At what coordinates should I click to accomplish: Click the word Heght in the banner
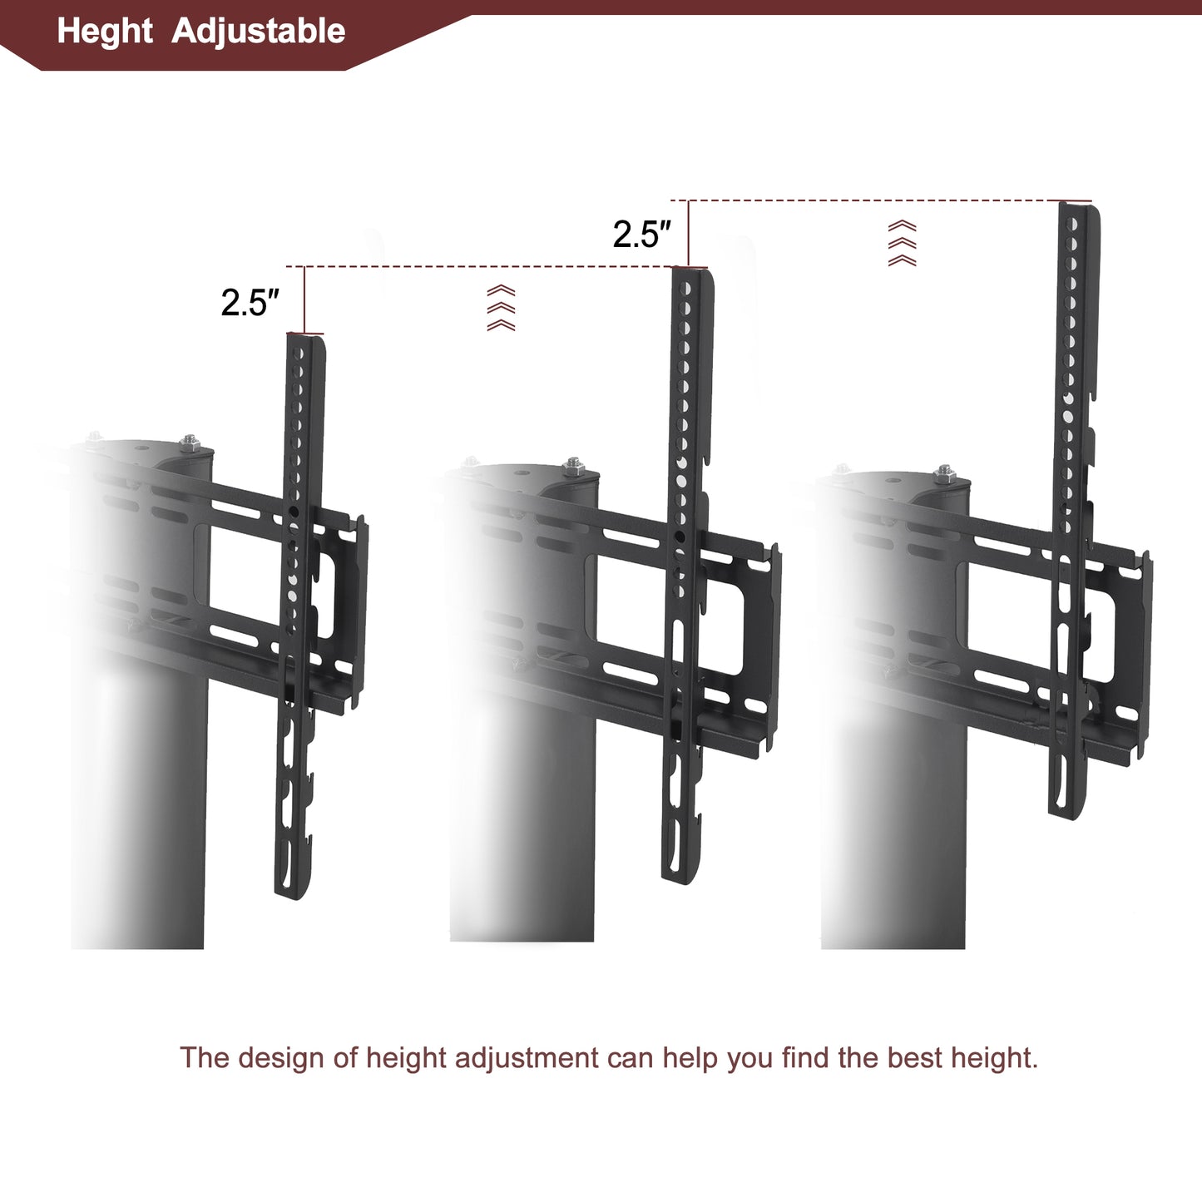click(105, 32)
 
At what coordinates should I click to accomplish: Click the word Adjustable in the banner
click(258, 32)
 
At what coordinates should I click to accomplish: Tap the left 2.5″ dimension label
click(250, 303)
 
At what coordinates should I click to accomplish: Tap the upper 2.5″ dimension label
click(641, 235)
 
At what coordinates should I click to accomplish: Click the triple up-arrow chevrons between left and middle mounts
click(501, 308)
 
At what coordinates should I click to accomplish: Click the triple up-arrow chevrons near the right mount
click(903, 243)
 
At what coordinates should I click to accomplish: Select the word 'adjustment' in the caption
click(527, 1058)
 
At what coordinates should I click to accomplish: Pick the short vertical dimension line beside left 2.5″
click(305, 299)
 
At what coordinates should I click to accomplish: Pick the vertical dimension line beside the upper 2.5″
click(689, 233)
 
